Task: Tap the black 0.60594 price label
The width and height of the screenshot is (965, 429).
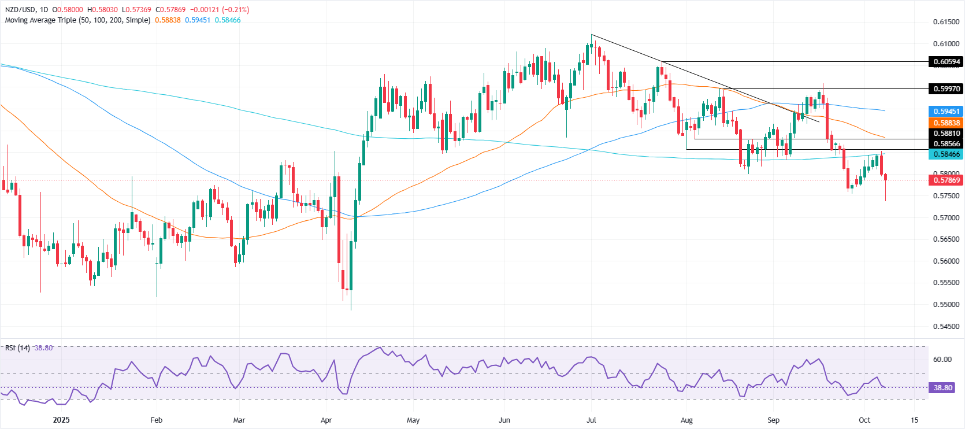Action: (x=946, y=62)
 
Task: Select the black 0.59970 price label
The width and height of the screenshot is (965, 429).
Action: (x=946, y=88)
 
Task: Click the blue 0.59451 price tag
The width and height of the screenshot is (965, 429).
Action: (x=946, y=111)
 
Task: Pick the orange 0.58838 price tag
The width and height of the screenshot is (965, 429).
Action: (x=946, y=123)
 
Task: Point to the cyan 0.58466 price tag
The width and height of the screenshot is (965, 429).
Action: (x=946, y=154)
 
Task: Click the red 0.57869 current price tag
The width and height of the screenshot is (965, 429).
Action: (x=946, y=180)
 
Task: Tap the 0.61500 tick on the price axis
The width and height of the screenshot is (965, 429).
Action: (x=946, y=22)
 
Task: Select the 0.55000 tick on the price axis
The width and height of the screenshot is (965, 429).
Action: (x=946, y=305)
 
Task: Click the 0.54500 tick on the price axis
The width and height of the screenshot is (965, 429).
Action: (x=946, y=327)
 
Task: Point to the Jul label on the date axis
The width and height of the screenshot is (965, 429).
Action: (x=591, y=420)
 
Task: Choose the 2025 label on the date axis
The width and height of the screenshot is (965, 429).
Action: (x=61, y=420)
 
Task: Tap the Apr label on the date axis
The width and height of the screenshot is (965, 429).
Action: (x=326, y=420)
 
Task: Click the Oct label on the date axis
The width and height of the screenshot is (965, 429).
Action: (x=864, y=420)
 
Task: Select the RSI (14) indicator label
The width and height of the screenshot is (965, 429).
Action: (x=17, y=348)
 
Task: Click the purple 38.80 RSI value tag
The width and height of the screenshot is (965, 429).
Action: (x=942, y=388)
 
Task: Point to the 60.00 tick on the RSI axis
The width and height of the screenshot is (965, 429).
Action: (x=942, y=360)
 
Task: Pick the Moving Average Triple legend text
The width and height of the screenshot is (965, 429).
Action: (x=77, y=20)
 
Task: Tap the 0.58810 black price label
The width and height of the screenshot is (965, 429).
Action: (x=946, y=134)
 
